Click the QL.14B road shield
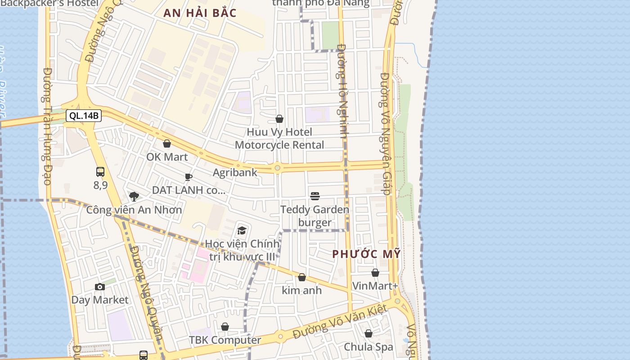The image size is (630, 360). pos(84,116)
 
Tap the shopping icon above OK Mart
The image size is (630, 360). pos(167,144)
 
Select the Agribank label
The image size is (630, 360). pos(235,172)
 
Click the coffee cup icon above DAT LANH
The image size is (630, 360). pos(188,177)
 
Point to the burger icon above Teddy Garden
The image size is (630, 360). pos(315,196)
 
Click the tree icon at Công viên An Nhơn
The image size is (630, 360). pos(134,196)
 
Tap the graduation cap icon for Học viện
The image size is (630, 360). pos(242,231)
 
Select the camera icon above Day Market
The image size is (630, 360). pos(100,287)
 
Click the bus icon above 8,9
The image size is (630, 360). pos(100,171)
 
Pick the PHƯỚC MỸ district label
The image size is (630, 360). pos(366,254)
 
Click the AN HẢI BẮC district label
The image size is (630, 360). pos(200,13)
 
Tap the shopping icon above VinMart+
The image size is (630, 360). pos(375,273)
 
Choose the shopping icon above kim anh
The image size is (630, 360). pos(302,277)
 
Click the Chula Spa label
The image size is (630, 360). pos(369,347)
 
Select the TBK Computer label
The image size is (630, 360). pos(225,340)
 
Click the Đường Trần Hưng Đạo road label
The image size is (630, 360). pos(47,126)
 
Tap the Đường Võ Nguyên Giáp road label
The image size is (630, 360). pos(385,134)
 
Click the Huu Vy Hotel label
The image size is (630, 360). pos(279,132)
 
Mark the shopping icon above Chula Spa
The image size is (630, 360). pos(369,333)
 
